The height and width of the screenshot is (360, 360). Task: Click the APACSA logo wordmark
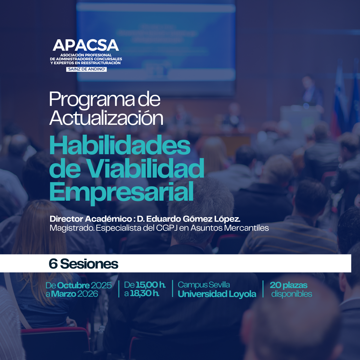[x=85, y=45]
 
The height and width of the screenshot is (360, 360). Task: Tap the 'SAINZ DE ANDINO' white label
[x=86, y=69]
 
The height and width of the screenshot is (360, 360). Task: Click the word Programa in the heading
[x=92, y=100]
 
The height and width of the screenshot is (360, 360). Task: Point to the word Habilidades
[x=120, y=145]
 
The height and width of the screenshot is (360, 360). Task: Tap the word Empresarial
[x=121, y=191]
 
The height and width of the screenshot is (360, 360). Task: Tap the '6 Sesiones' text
[x=83, y=264]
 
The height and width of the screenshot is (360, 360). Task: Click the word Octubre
[x=73, y=285]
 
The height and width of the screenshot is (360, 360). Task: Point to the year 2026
[x=87, y=294]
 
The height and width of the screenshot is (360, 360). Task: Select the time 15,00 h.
[x=150, y=285]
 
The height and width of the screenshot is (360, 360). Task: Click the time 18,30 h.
[x=145, y=293]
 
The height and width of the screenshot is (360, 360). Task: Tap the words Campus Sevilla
[x=204, y=285]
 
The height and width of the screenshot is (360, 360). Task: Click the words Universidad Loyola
[x=217, y=294]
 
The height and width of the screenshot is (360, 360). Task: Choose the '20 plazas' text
[x=288, y=285]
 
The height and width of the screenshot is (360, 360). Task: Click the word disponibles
[x=291, y=294]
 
